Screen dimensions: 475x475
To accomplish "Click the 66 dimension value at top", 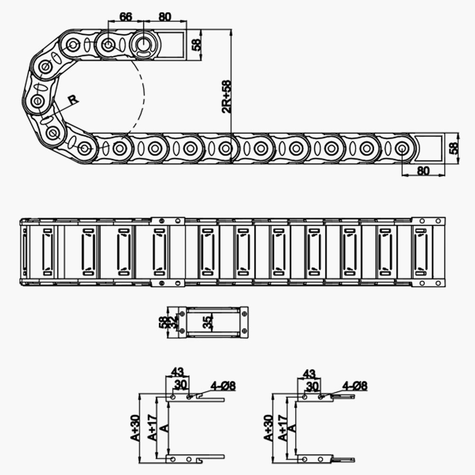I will point(125,17).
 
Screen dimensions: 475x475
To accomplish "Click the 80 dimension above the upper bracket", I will point(164,17).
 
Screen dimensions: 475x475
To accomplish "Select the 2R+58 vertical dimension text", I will point(227,97).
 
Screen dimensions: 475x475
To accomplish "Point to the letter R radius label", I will point(73,100).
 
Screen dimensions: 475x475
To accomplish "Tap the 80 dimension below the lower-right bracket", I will point(423,171).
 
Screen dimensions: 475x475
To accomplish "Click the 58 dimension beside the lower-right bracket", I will point(455,148).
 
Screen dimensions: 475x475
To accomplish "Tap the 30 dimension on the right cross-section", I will point(312,386).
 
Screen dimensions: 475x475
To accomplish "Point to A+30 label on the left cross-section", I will point(135,427).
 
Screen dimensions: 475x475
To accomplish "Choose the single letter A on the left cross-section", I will point(164,428).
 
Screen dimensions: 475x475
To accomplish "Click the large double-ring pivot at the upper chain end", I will point(143,46).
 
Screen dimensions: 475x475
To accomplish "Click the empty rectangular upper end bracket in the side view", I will point(173,45).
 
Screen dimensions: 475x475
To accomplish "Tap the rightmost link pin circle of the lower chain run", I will point(401,149).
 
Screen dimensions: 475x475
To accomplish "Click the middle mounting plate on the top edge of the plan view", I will point(167,221).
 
